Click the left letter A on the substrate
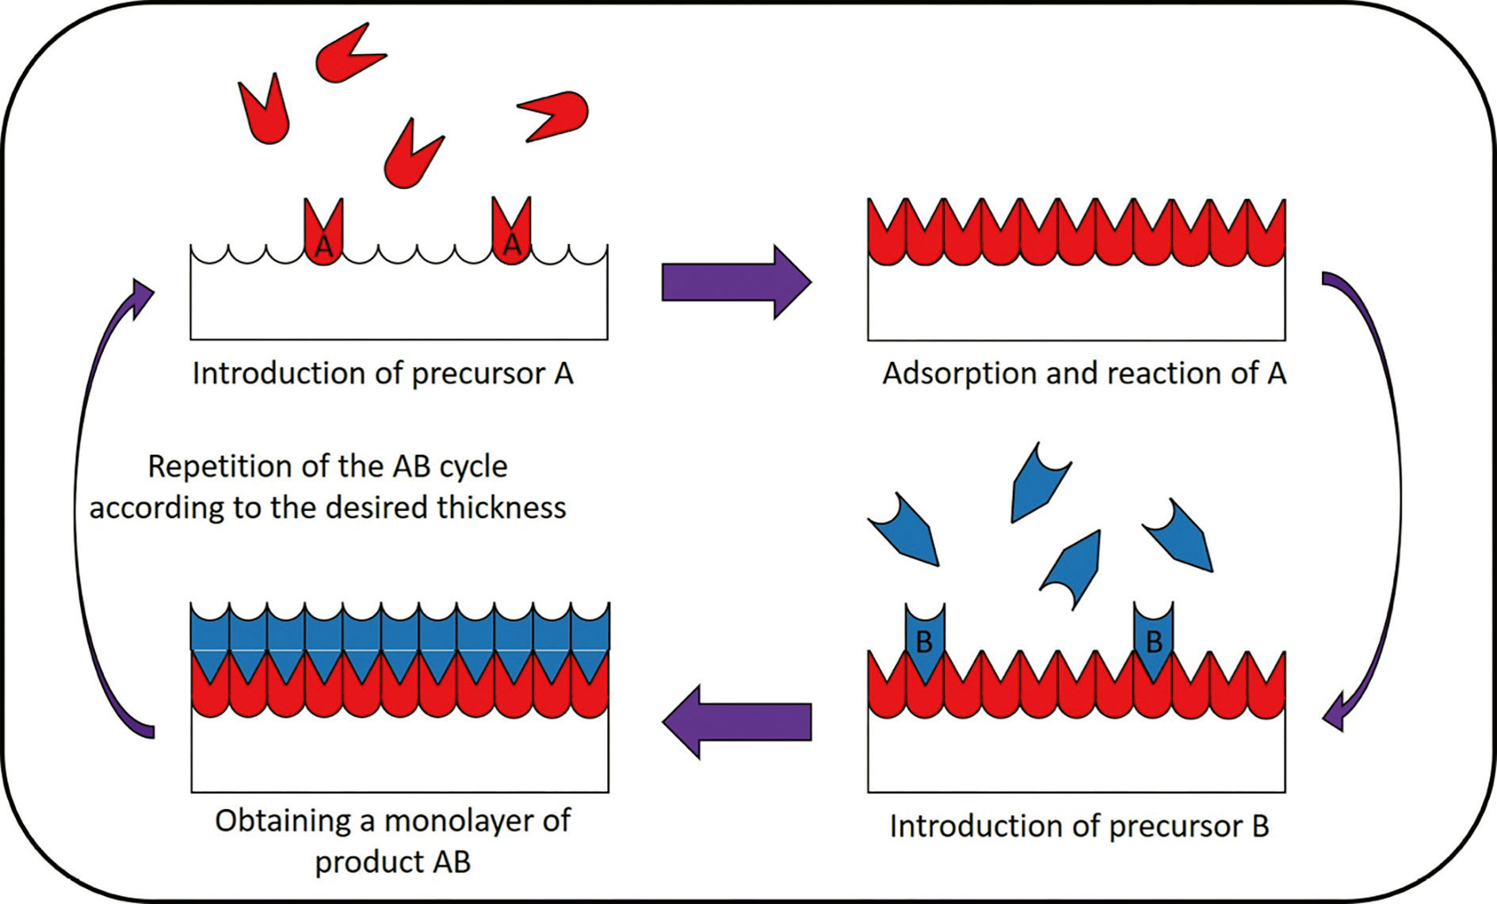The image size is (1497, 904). pos(323,247)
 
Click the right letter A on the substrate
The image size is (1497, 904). pos(512,245)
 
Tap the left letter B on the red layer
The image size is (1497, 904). pos(924,642)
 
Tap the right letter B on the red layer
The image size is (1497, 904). pos(1154,641)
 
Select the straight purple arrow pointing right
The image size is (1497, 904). pos(737,282)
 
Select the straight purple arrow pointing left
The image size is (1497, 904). pos(737,722)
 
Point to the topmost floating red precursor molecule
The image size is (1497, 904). pos(349,52)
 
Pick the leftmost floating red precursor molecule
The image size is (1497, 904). pos(265,111)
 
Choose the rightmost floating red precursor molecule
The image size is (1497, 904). pos(554,116)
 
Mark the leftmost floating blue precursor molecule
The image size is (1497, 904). pos(906,531)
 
